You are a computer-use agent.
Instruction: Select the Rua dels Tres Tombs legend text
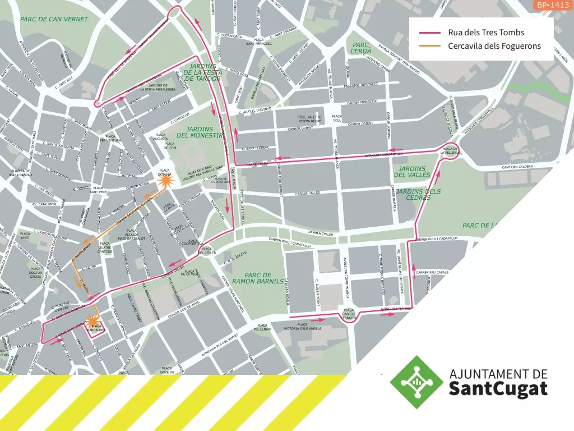point(486,33)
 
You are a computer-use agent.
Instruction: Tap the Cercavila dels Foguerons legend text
point(494,46)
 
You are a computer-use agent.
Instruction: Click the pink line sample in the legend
point(430,33)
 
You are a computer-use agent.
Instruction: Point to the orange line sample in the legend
point(430,46)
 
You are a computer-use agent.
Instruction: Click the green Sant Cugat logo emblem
point(416,382)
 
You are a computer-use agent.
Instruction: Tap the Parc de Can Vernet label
point(54,19)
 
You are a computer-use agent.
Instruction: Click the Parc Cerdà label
point(361,48)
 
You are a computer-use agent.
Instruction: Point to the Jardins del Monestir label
point(200,132)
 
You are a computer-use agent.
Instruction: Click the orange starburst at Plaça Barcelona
point(92,322)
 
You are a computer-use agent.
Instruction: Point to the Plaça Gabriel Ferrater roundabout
point(349,315)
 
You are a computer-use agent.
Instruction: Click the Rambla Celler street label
point(321,233)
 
